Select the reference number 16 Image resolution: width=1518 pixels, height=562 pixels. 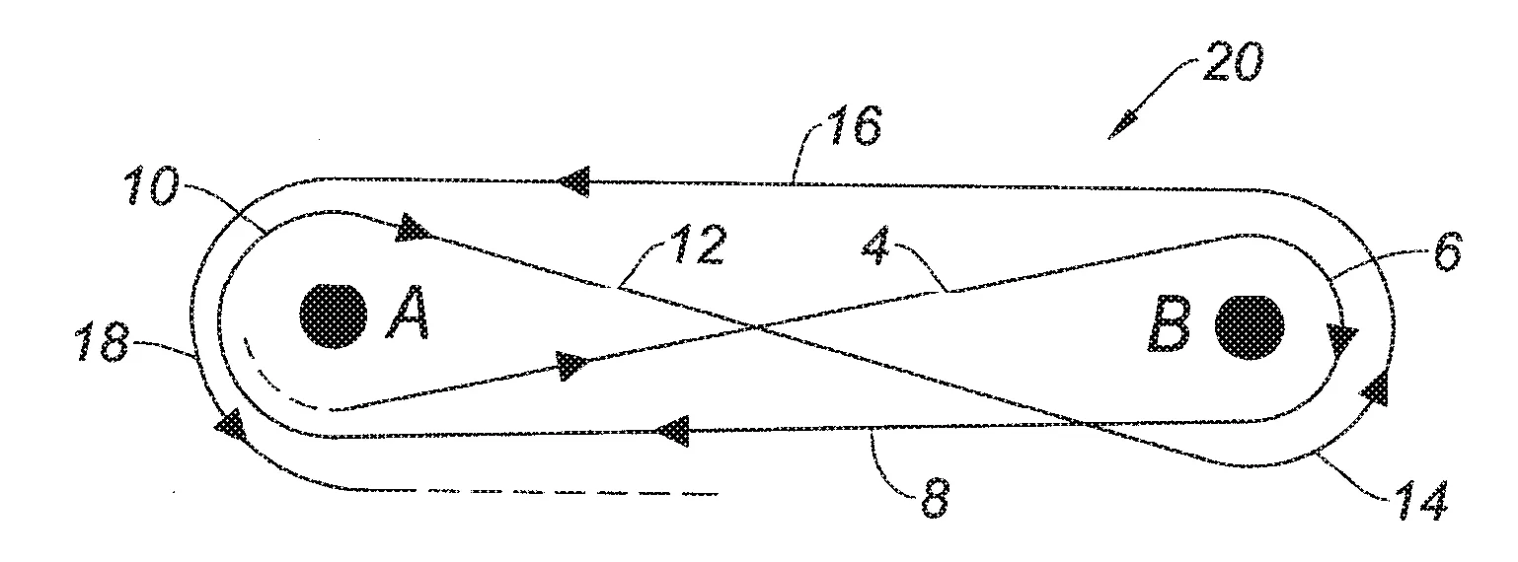pos(854,125)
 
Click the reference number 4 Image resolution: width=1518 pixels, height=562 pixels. pos(876,249)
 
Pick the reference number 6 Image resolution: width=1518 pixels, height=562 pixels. pos(1446,251)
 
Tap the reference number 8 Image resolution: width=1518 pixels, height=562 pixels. pos(936,498)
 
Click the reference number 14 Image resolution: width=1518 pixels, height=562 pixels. pos(1420,501)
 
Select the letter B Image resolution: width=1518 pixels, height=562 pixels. pos(1169,325)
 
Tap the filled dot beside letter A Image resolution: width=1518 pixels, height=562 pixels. pos(334,316)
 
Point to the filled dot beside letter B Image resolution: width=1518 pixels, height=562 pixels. pos(1251,327)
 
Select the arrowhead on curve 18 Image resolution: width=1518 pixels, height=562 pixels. pos(229,424)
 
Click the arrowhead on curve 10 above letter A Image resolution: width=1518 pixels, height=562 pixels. pos(415,228)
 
